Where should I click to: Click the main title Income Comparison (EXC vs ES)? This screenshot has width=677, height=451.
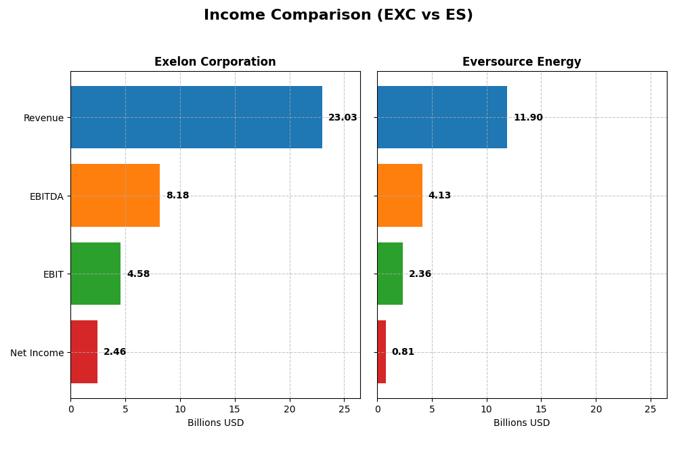(338, 16)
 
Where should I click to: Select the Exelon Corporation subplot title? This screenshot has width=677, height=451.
(215, 62)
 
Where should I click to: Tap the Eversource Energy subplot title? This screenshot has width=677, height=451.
(521, 62)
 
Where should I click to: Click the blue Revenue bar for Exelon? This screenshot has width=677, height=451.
(196, 117)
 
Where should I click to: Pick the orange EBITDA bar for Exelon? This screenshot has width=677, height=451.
(115, 196)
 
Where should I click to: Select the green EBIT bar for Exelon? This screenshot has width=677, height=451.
(95, 274)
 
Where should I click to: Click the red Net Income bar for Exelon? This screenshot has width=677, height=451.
(84, 352)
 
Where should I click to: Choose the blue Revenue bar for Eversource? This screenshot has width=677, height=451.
(442, 117)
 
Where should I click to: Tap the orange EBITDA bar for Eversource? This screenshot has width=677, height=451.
(399, 196)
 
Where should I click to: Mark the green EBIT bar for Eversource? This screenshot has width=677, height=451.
(390, 274)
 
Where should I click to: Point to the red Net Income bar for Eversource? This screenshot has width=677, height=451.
(382, 352)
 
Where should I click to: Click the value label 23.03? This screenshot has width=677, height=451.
(343, 118)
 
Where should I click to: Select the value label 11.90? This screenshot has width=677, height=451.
(528, 118)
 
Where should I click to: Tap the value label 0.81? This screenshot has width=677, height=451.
(403, 352)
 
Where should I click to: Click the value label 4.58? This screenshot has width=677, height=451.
(138, 274)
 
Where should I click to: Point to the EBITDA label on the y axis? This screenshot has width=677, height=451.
(46, 196)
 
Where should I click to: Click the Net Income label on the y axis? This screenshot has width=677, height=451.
(37, 353)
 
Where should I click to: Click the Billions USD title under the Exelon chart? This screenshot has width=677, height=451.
(215, 423)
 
